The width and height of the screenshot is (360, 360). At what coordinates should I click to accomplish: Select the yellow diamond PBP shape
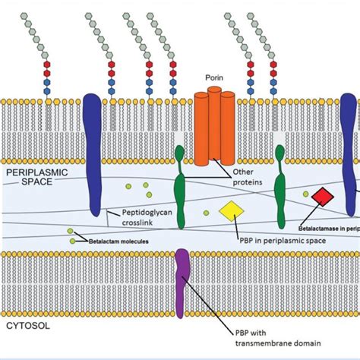coord(229,210)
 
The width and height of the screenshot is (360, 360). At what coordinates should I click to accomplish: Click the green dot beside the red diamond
coord(305,194)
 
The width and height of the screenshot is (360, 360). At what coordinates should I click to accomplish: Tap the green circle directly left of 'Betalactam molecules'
coord(71,241)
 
